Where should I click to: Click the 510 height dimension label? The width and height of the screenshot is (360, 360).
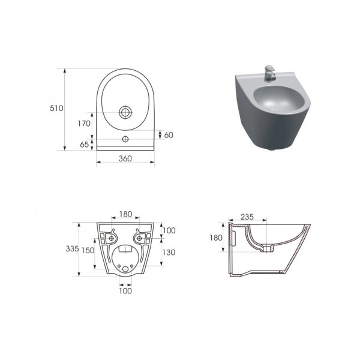pyautogui.click(x=56, y=108)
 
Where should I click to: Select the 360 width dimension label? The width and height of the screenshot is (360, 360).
pyautogui.click(x=125, y=158)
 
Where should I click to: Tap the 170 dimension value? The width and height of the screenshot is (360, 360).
pyautogui.click(x=84, y=124)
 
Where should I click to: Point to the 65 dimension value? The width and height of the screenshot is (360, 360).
pyautogui.click(x=84, y=145)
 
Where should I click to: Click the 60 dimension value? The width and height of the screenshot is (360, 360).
pyautogui.click(x=169, y=135)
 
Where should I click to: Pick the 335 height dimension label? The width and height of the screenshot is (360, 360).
pyautogui.click(x=72, y=248)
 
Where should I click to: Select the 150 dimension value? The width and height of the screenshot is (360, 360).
pyautogui.click(x=88, y=250)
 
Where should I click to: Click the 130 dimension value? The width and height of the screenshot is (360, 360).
pyautogui.click(x=169, y=253)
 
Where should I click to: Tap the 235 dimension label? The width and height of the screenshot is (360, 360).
pyautogui.click(x=247, y=217)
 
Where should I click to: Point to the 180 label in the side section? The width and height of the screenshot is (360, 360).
pyautogui.click(x=216, y=238)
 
